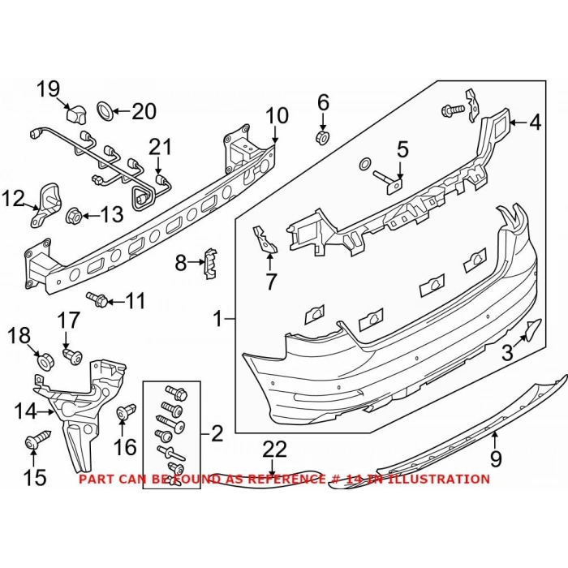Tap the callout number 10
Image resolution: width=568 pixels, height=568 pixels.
(277, 116)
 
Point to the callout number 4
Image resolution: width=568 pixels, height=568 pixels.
(535, 123)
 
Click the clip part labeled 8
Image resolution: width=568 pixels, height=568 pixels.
(209, 264)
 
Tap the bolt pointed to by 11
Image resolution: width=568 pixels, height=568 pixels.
(101, 301)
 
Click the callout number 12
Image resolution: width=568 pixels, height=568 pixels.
(14, 197)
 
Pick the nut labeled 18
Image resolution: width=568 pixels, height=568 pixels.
(45, 356)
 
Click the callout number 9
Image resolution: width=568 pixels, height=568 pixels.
(496, 459)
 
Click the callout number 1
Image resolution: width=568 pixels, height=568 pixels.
(217, 321)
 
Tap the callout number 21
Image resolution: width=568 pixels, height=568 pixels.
(161, 147)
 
